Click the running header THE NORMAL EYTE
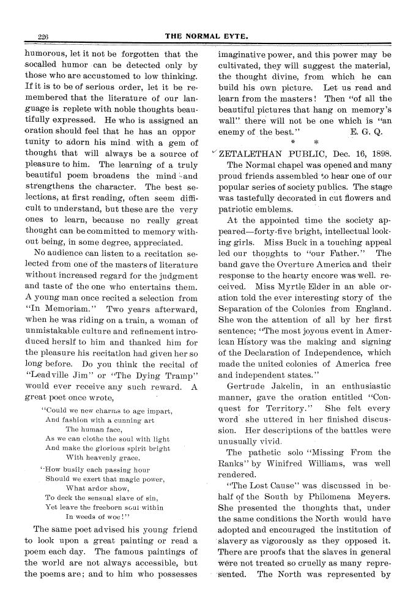(x=207, y=37)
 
